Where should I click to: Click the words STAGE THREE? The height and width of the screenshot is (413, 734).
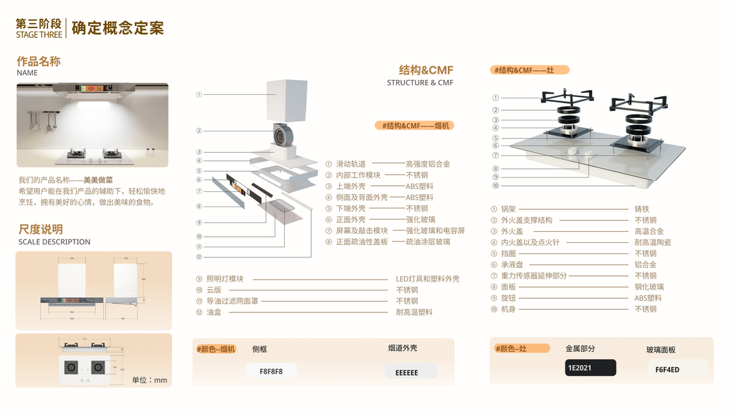pos(39,34)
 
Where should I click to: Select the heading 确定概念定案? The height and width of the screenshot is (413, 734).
pos(118,28)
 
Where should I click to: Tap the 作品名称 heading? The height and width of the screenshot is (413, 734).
pos(39,61)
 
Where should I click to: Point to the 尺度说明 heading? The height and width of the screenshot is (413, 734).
pos(40,229)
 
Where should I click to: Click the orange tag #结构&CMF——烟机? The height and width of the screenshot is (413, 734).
pos(414,125)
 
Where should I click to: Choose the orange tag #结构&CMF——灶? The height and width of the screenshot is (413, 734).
pos(530,70)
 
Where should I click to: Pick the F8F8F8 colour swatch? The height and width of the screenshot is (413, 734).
pos(271,371)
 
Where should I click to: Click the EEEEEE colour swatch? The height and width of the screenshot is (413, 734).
pos(411,372)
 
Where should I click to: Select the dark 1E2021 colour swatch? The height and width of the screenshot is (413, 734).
pos(590,368)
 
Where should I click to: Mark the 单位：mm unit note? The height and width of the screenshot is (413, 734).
pos(149,380)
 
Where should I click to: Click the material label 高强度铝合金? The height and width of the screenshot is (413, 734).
pos(427,164)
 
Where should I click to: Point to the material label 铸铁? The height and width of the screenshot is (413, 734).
pos(641,209)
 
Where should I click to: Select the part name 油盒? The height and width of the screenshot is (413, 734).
pos(214,312)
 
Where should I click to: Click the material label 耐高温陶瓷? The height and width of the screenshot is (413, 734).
pos(652,242)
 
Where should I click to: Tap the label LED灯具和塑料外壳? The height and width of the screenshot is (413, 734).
pos(427,279)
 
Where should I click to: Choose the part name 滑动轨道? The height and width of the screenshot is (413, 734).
pos(350,164)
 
